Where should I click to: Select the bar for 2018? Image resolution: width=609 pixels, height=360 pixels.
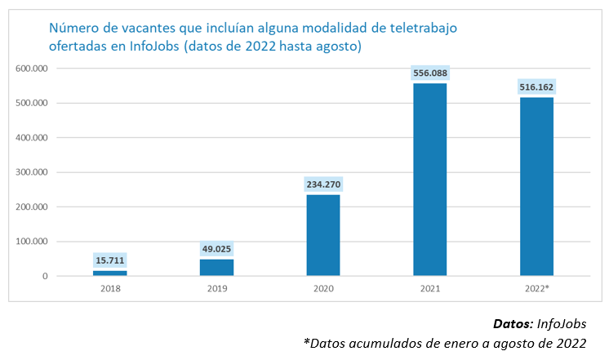point(109,273)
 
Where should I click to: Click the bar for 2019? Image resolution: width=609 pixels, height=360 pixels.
point(216,268)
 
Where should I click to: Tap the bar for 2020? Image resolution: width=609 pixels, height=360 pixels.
point(323,236)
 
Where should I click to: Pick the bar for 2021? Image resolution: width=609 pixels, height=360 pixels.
point(430,180)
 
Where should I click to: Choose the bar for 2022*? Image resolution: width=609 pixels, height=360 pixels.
point(536,187)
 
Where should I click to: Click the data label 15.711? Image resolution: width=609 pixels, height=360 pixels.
point(109,260)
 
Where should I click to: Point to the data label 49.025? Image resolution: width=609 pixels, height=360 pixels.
point(216,249)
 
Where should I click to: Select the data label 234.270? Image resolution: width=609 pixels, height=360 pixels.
point(323,184)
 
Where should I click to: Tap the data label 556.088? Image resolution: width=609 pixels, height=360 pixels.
point(430,73)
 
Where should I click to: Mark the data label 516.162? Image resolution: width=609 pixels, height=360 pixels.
point(536,87)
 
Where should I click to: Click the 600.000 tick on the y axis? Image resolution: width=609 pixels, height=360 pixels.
point(32,69)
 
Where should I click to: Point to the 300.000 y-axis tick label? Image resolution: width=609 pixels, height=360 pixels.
point(32,172)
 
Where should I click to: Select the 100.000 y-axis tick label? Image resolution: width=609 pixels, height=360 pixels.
point(32,242)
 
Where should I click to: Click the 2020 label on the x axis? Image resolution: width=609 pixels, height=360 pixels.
point(323,289)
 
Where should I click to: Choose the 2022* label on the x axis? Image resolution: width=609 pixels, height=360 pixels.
point(536,289)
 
